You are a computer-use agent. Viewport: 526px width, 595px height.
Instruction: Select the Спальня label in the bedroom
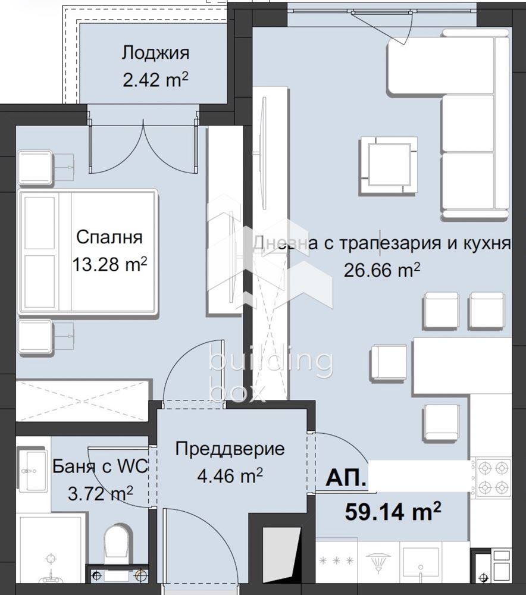[x=109, y=237]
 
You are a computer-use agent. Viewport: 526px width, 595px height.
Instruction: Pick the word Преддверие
[x=230, y=449]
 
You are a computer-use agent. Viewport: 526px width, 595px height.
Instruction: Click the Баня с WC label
[x=100, y=466]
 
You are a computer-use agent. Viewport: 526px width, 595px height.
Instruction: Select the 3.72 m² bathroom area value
[x=100, y=492]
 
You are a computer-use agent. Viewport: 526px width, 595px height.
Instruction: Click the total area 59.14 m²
[x=393, y=510]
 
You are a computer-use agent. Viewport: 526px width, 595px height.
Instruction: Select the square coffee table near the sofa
[x=387, y=164]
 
